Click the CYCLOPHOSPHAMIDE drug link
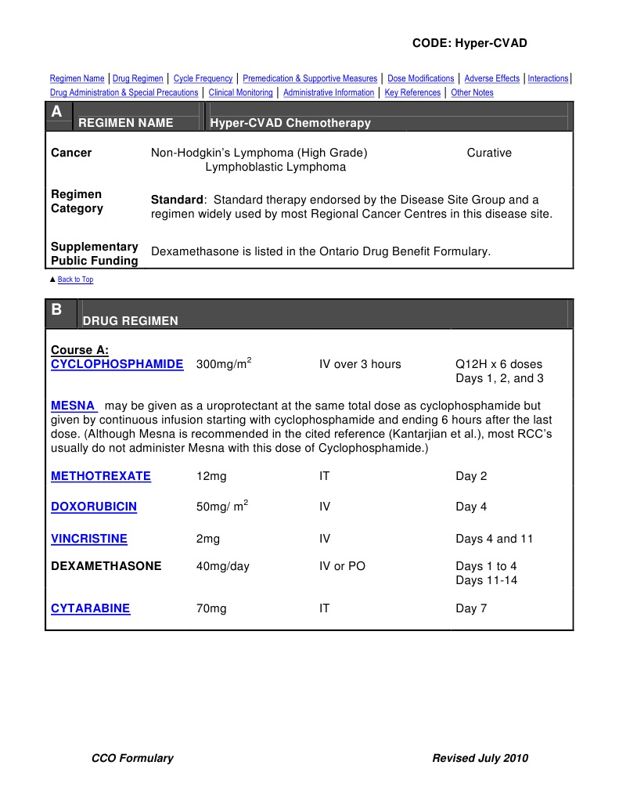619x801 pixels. [x=117, y=364]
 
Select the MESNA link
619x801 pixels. [x=73, y=406]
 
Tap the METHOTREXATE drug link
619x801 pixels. [x=101, y=476]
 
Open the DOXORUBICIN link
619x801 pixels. [x=94, y=507]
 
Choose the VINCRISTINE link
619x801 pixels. [x=89, y=539]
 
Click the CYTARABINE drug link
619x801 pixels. [x=91, y=608]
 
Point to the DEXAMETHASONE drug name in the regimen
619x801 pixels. [x=106, y=566]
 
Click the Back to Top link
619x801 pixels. [x=75, y=280]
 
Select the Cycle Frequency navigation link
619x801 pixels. [x=203, y=78]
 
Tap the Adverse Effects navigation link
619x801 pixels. [x=491, y=78]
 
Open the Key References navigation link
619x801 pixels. [x=412, y=92]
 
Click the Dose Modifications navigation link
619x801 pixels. [x=420, y=78]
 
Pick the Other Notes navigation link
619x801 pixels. [x=472, y=92]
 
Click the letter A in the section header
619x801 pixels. [x=56, y=113]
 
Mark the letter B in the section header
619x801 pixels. [x=56, y=310]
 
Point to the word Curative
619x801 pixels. [x=489, y=153]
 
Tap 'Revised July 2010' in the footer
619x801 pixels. [x=480, y=758]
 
